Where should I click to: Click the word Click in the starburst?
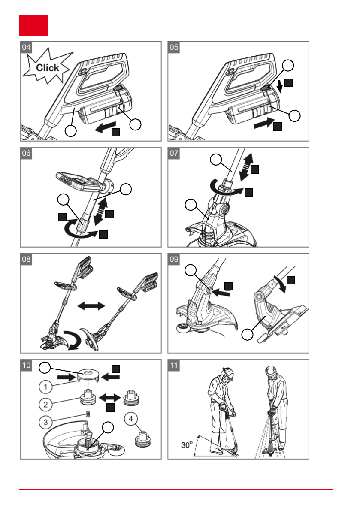coord(48,68)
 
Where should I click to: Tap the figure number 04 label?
coord(26,47)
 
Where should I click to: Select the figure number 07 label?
coord(174,153)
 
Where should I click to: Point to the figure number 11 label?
coord(174,365)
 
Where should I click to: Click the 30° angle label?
coord(187,444)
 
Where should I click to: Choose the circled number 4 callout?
coord(131,418)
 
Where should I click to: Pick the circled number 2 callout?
coord(45,405)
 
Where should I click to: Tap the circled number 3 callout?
coord(45,422)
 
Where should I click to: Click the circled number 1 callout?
coord(45,387)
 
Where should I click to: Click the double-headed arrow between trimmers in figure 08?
coord(91,305)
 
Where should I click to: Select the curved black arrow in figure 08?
coord(73,340)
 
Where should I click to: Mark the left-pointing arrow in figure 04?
coord(105,127)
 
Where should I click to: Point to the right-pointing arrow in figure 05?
coord(264,123)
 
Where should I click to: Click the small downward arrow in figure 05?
coord(279,86)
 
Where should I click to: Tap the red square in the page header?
coord(34,25)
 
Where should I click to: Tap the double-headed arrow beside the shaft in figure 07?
coord(246,167)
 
